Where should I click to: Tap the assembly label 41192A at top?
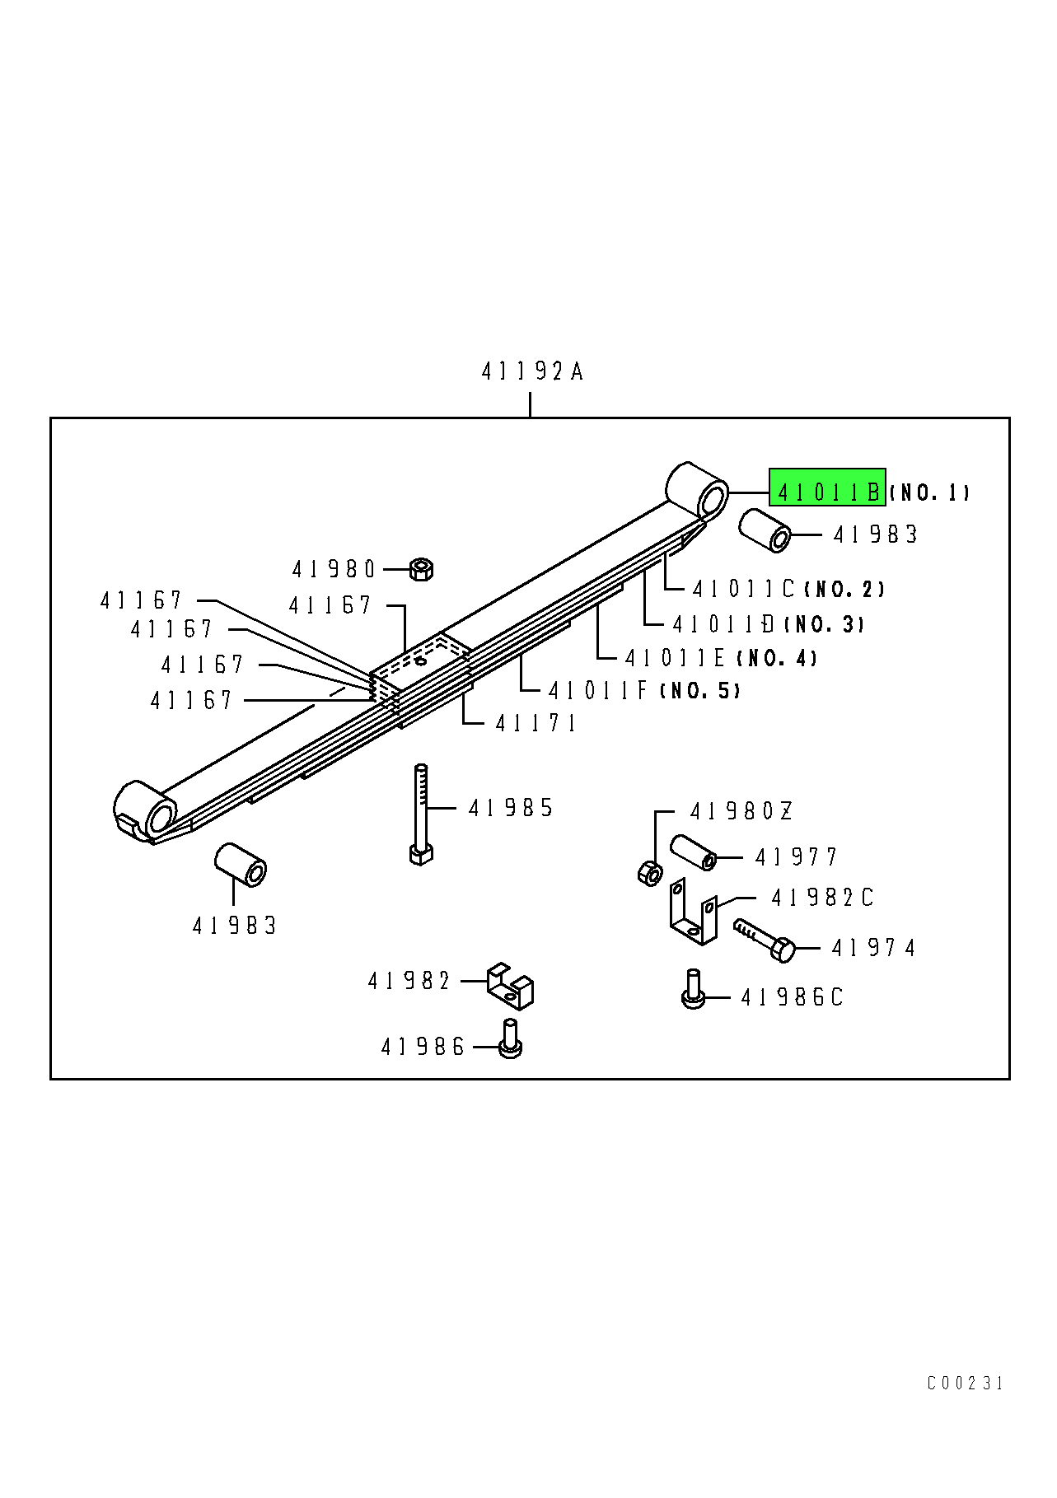click(532, 372)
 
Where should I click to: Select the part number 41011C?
click(743, 590)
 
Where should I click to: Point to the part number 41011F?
click(599, 690)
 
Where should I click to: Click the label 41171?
click(536, 723)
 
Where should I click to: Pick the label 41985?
click(511, 808)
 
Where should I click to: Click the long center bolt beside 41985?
click(421, 811)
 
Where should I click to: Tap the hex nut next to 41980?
click(421, 568)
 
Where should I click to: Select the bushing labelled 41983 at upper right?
click(765, 530)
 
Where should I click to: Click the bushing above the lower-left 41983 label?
click(241, 864)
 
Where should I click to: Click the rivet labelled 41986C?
click(694, 989)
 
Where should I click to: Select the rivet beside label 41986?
click(510, 1039)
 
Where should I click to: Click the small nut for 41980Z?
click(650, 873)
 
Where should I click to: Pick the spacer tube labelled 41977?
click(693, 852)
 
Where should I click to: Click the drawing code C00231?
click(965, 1383)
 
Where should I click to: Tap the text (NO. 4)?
click(777, 658)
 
